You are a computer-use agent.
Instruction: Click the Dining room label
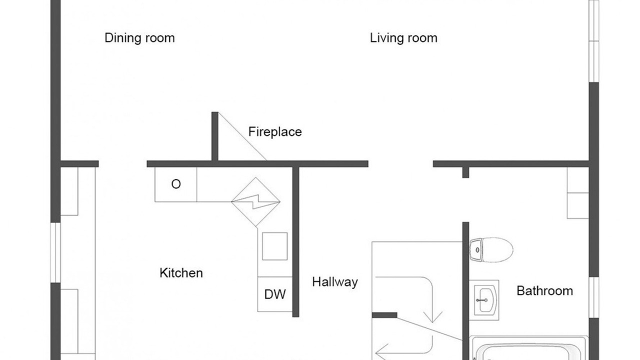click(139, 38)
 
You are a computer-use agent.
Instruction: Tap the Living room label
click(403, 38)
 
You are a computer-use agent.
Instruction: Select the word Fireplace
click(275, 132)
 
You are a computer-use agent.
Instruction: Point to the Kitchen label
click(181, 273)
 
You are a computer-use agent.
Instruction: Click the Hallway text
click(335, 282)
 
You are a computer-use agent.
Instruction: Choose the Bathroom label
click(544, 291)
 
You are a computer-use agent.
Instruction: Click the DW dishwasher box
click(275, 294)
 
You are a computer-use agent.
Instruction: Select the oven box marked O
click(175, 184)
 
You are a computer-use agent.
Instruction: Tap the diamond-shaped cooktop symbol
click(255, 202)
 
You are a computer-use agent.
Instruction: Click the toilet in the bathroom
click(491, 249)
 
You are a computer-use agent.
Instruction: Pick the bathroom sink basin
click(484, 300)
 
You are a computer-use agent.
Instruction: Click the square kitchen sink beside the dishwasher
click(275, 246)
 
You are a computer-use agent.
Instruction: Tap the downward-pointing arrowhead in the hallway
click(433, 316)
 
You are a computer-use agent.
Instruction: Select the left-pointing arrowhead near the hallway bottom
click(381, 352)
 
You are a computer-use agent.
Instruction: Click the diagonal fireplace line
click(242, 136)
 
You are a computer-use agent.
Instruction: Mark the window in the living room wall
click(594, 41)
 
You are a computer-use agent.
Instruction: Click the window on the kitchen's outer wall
click(55, 252)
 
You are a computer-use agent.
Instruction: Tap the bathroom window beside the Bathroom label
click(594, 297)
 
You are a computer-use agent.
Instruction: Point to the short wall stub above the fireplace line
click(215, 136)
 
